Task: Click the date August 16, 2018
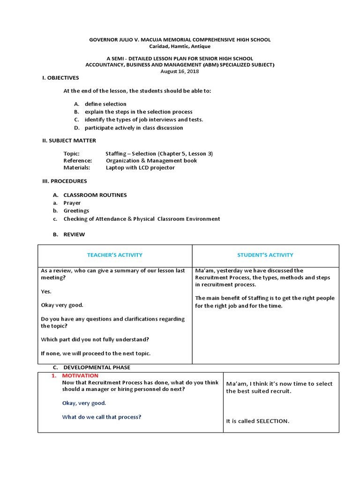point(180,71)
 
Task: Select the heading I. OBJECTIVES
point(60,78)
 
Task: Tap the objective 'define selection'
point(105,104)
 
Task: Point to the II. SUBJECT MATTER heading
point(69,140)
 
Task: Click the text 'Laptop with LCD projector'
point(140,167)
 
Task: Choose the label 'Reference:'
point(77,160)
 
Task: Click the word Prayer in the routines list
point(72,203)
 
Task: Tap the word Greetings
point(76,211)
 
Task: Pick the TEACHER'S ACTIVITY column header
point(115,255)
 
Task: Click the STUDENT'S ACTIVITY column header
point(265,255)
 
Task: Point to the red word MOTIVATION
point(80,375)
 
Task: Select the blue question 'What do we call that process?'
point(102,417)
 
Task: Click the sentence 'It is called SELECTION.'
point(257,421)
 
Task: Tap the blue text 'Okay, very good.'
point(84,403)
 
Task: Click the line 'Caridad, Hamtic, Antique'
point(180,46)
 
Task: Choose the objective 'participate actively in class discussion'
point(134,127)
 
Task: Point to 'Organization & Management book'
point(151,160)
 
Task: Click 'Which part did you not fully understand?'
point(95,339)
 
